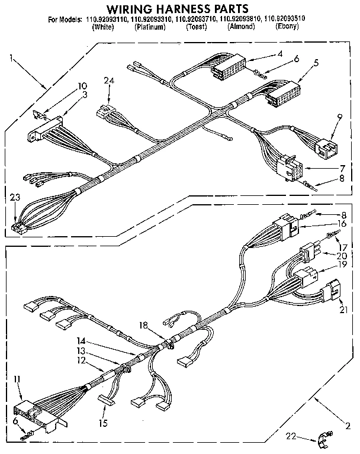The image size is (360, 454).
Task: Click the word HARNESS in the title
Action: [x=185, y=8]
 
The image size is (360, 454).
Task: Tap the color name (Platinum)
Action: [x=149, y=27]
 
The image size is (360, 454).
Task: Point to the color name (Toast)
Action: [x=195, y=27]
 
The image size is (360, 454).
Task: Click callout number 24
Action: [x=108, y=81]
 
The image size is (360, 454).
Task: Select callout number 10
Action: [x=82, y=86]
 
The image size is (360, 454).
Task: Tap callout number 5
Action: [x=316, y=63]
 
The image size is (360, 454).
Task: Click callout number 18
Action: [x=143, y=325]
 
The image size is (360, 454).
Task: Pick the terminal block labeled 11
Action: [x=36, y=411]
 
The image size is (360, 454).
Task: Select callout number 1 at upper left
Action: [x=11, y=57]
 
